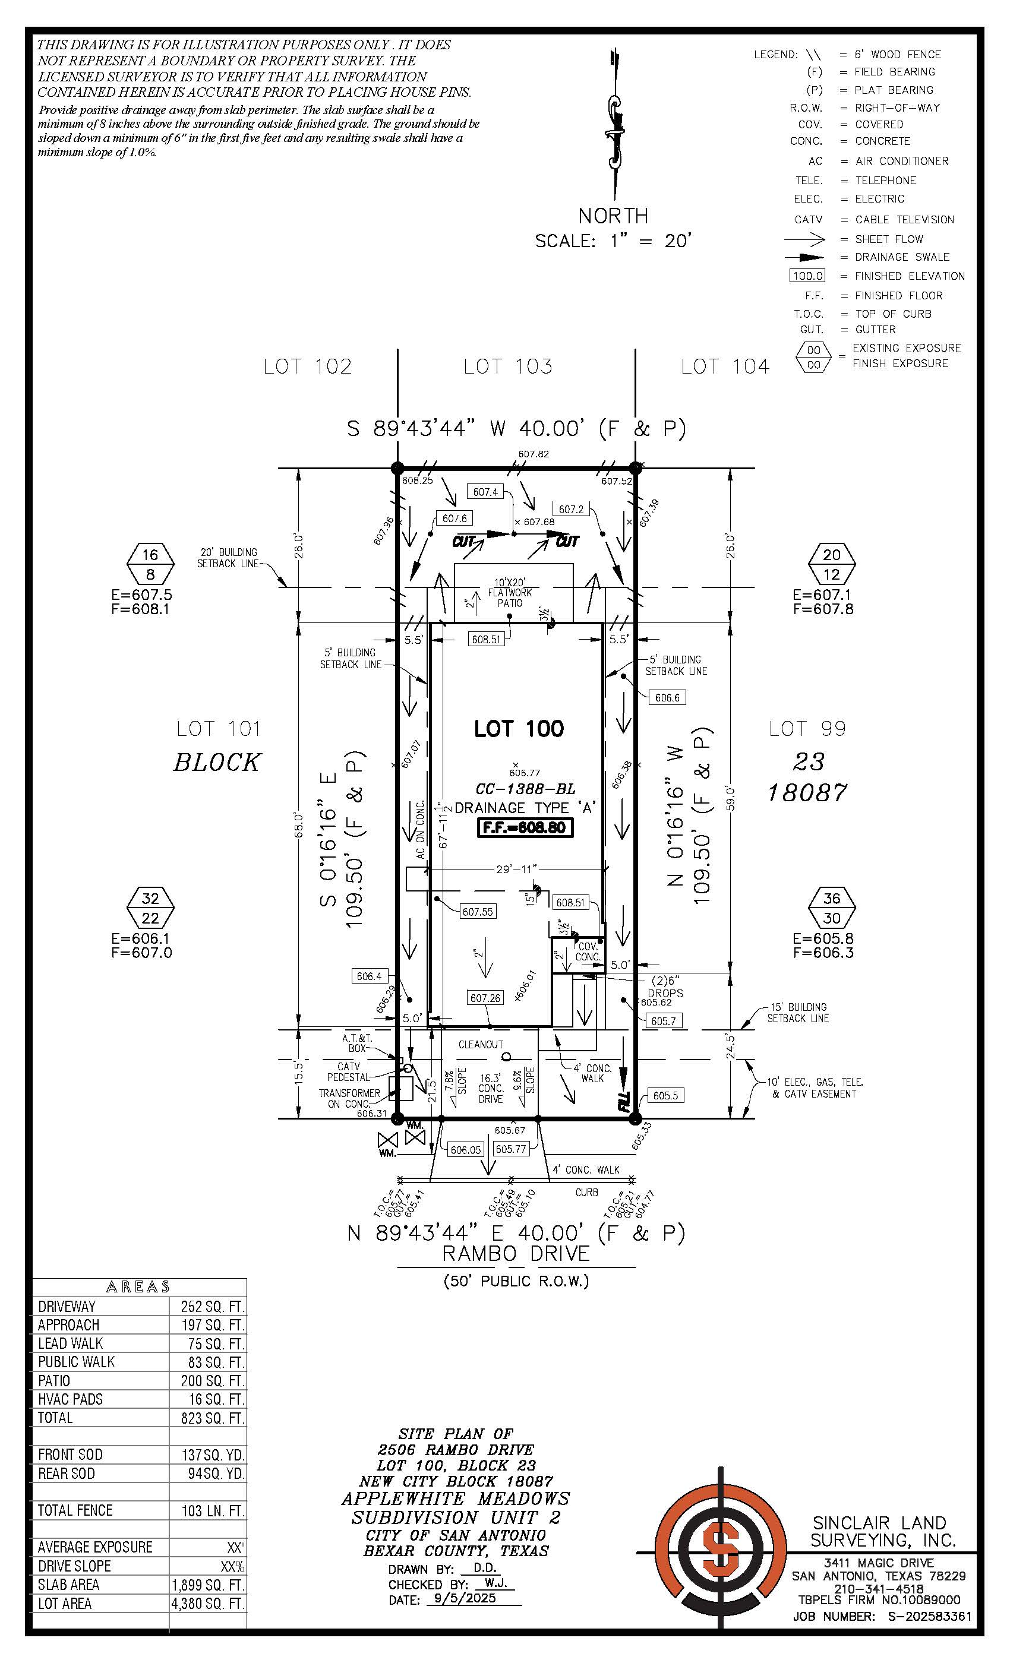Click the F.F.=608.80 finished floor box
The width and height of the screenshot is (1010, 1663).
pyautogui.click(x=525, y=827)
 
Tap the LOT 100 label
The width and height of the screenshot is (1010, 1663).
pyautogui.click(x=519, y=728)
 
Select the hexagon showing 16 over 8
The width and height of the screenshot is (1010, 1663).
pyautogui.click(x=150, y=564)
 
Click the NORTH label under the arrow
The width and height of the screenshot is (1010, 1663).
pyautogui.click(x=613, y=216)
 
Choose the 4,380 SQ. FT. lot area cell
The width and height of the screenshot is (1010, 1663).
pyautogui.click(x=208, y=1604)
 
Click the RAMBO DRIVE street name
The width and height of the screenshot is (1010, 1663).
pyautogui.click(x=516, y=1253)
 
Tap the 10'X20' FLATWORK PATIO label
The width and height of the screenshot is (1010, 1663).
pyautogui.click(x=510, y=593)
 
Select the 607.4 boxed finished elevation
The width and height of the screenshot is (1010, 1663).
pyautogui.click(x=485, y=492)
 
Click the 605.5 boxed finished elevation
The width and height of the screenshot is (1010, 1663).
pyautogui.click(x=665, y=1095)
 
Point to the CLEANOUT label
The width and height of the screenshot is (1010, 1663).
pyautogui.click(x=481, y=1044)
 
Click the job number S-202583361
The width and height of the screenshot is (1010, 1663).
pyautogui.click(x=929, y=1617)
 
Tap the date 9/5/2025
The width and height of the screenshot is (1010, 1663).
pyautogui.click(x=465, y=1598)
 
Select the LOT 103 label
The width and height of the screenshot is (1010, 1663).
pyautogui.click(x=508, y=366)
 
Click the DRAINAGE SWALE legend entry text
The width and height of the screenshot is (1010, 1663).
pyautogui.click(x=902, y=257)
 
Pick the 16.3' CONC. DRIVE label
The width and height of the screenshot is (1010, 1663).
pyautogui.click(x=491, y=1089)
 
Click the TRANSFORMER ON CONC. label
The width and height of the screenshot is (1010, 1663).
pyautogui.click(x=349, y=1098)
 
